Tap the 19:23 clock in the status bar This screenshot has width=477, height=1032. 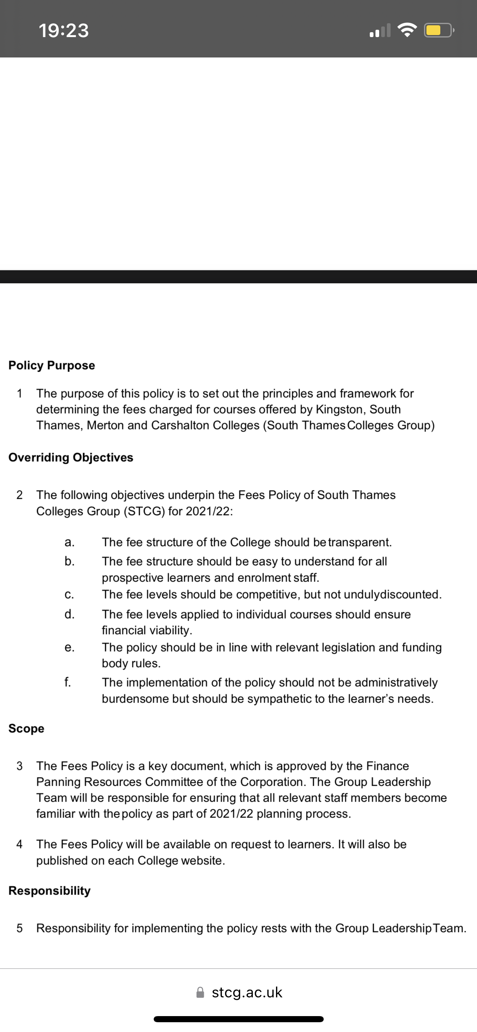pyautogui.click(x=64, y=31)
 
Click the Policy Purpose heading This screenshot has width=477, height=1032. pyautogui.click(x=52, y=365)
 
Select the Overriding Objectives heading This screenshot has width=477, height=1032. pyautogui.click(x=71, y=457)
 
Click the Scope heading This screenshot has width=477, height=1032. pyautogui.click(x=26, y=728)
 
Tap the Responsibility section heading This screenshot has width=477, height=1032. pyautogui.click(x=50, y=891)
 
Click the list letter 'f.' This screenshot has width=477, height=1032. pyautogui.click(x=68, y=682)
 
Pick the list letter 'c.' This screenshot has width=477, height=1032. pyautogui.click(x=69, y=595)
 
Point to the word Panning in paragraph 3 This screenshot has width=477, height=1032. pyautogui.click(x=58, y=782)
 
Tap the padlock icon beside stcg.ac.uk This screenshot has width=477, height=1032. pyautogui.click(x=200, y=992)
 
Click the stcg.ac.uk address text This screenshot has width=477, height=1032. pyautogui.click(x=247, y=992)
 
